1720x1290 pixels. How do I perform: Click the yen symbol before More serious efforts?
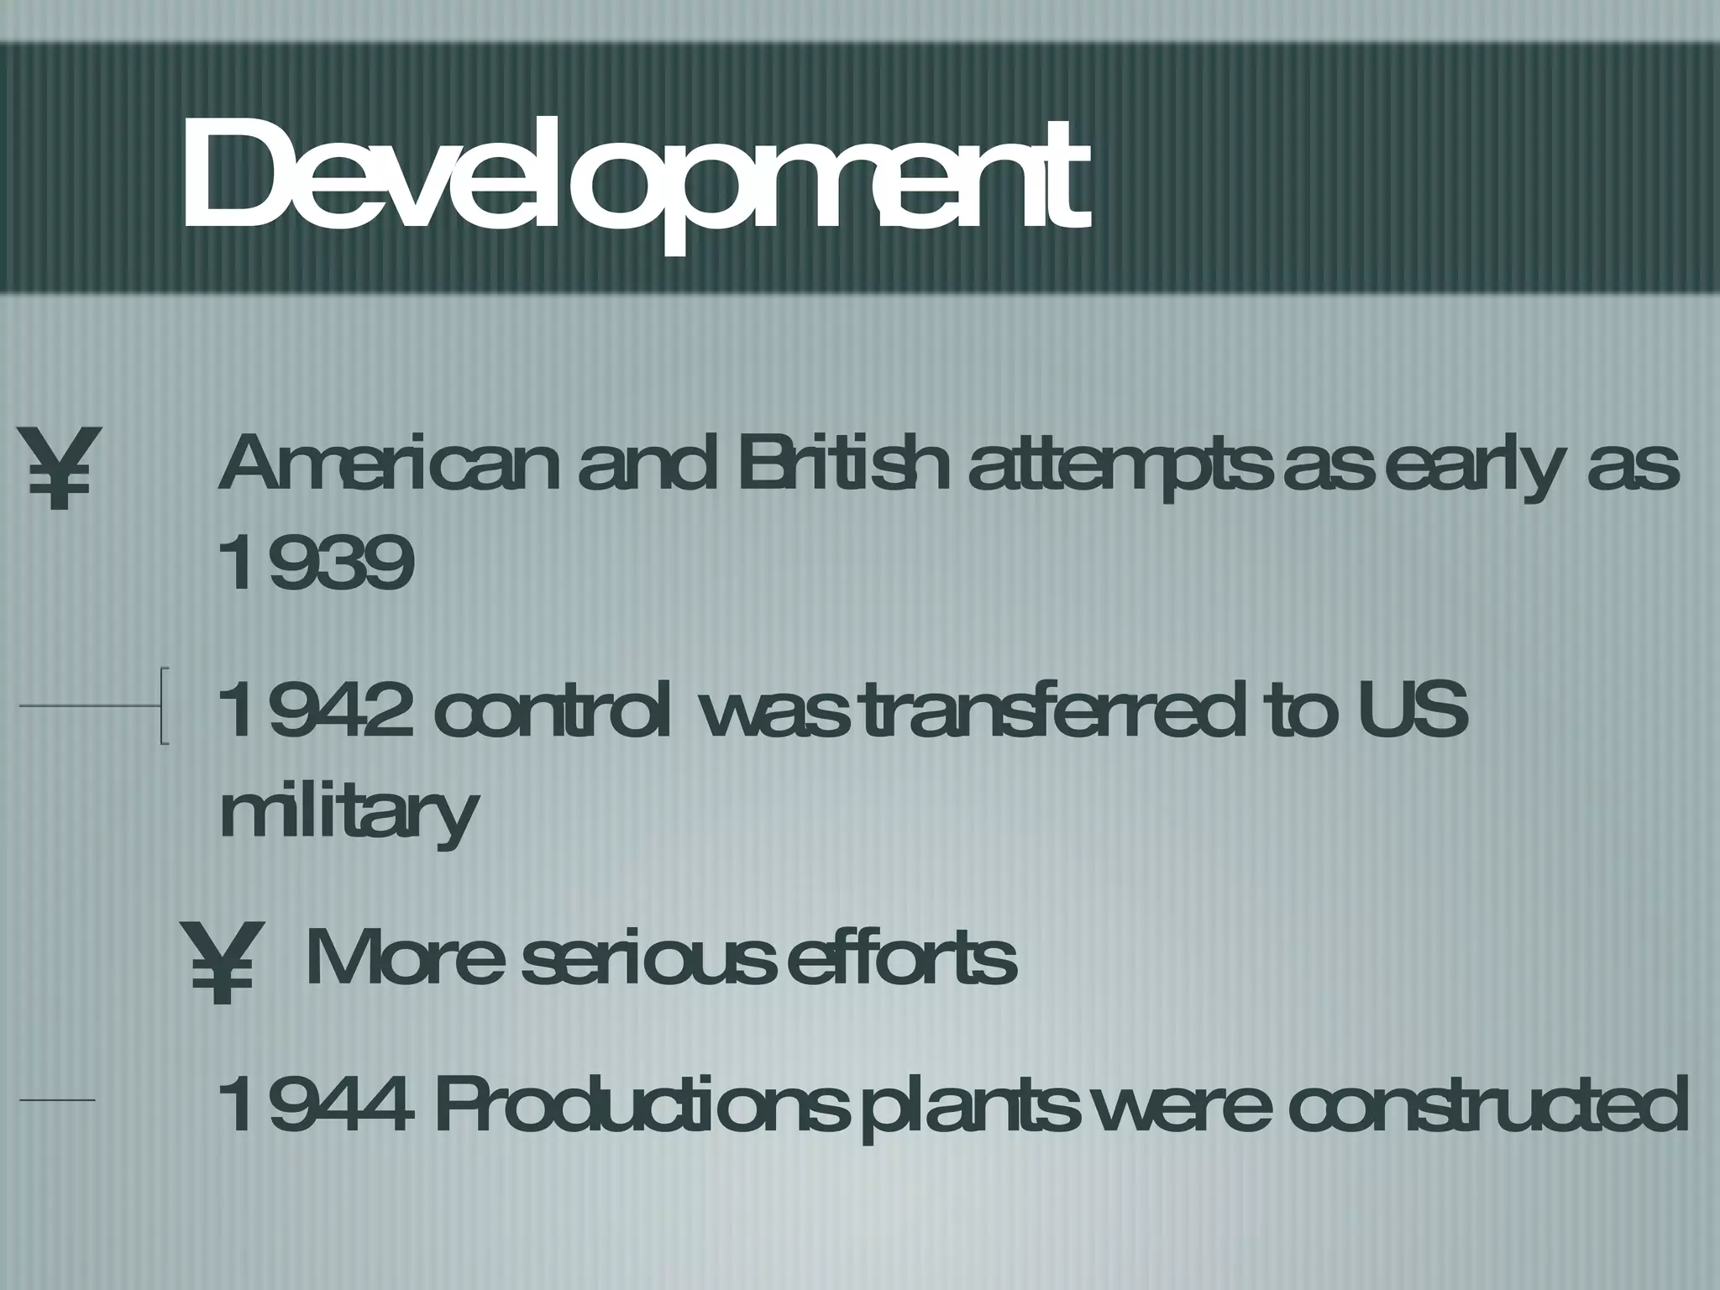tap(220, 962)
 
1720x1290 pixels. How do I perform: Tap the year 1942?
tap(316, 710)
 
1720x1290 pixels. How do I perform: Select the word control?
tap(553, 710)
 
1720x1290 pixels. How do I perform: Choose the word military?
tap(348, 811)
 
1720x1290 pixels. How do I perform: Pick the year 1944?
tap(316, 1104)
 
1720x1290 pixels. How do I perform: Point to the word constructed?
tap(1487, 1104)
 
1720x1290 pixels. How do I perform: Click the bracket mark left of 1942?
tap(165, 705)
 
